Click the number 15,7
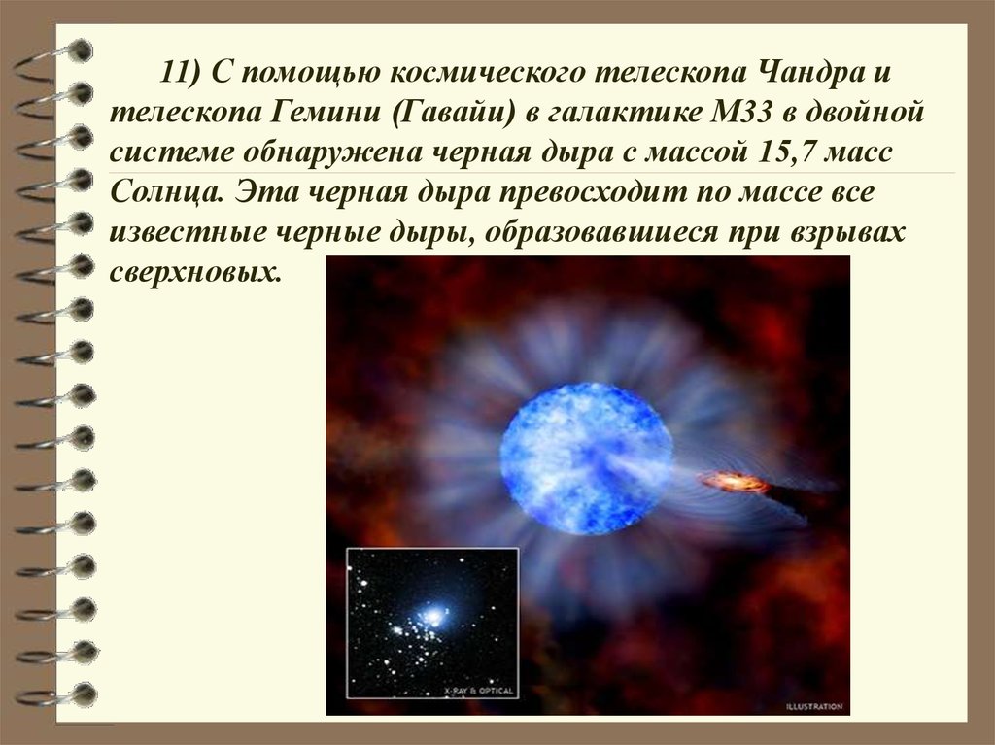coord(785,153)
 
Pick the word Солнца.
coord(166,193)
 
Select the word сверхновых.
coord(194,273)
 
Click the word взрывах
coord(847,233)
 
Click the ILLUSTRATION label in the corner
coord(814,706)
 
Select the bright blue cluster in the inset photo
coord(432,615)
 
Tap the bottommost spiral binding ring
coord(57,694)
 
